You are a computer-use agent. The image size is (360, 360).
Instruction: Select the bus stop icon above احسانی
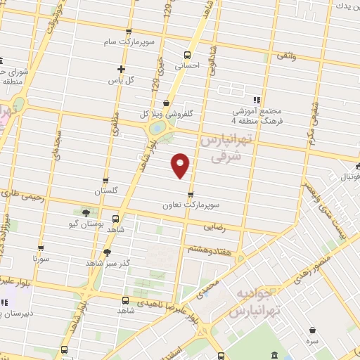click(x=187, y=55)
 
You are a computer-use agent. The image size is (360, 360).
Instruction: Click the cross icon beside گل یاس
click(x=121, y=70)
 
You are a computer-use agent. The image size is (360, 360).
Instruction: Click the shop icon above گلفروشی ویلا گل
click(x=166, y=102)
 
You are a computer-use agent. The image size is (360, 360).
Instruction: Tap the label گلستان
click(x=106, y=191)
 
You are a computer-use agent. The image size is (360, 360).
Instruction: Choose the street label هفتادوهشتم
click(x=207, y=249)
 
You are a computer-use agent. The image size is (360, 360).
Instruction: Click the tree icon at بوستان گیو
click(x=86, y=212)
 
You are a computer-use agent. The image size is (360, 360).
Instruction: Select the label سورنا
click(x=41, y=259)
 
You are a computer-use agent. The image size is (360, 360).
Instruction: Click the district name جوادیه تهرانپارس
click(x=253, y=301)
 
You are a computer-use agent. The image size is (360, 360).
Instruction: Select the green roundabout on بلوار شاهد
click(x=159, y=129)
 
